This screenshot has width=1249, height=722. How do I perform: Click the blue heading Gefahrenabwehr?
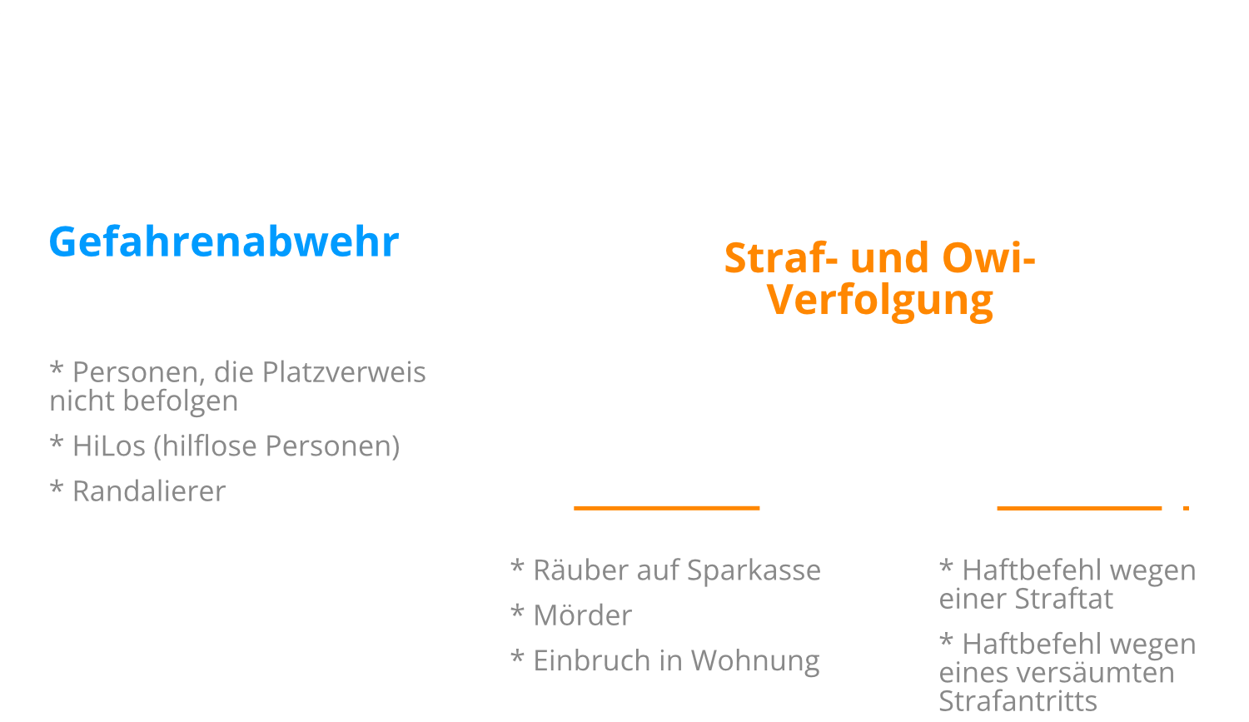point(223,242)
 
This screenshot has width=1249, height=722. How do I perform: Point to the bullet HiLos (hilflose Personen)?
point(225,446)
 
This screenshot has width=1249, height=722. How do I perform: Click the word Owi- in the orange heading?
point(988,259)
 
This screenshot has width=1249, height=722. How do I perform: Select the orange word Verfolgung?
point(880,301)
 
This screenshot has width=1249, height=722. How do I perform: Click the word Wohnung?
point(754,660)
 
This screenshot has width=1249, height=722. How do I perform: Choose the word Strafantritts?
point(1018,700)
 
